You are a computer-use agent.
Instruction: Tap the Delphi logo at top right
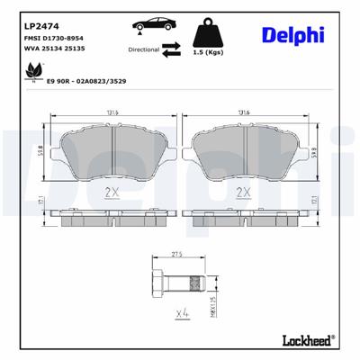tap(294, 35)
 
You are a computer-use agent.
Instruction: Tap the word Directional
tap(144, 52)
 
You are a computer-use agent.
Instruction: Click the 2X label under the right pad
tap(242, 192)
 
